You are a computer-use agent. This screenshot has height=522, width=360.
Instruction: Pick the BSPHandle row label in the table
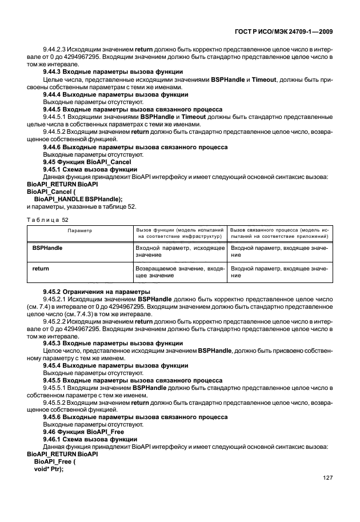(x=47, y=249)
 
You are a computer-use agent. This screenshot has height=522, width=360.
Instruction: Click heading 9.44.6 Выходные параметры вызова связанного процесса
(x=135, y=147)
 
